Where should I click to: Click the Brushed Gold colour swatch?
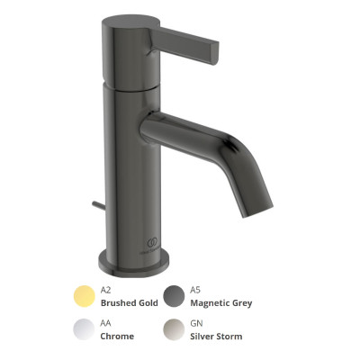[85, 296]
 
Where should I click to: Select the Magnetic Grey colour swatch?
[174, 296]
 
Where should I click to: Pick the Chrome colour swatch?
[85, 329]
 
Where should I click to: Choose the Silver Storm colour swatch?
[174, 329]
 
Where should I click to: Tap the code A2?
[105, 290]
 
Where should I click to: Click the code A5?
[195, 290]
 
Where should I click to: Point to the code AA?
[105, 323]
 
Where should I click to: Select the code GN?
[196, 323]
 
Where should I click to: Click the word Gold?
[147, 303]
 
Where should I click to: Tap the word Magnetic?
[210, 303]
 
